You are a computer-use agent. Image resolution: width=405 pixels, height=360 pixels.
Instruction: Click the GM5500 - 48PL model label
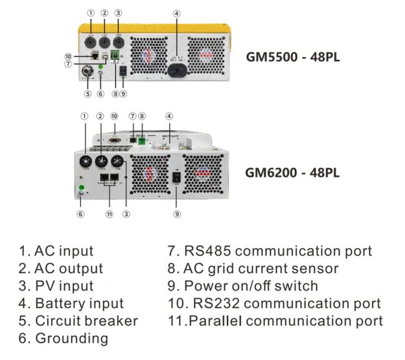coord(293,59)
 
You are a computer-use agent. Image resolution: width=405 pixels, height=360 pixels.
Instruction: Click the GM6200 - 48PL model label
coord(293,173)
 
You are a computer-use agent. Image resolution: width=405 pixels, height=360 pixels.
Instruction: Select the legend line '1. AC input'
coord(56,251)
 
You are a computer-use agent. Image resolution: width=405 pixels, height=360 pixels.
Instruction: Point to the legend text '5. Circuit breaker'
coord(78,321)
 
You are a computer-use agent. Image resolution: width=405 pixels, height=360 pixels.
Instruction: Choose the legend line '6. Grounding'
coord(63,338)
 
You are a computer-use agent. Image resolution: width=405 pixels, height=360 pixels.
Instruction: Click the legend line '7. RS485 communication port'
coord(270,251)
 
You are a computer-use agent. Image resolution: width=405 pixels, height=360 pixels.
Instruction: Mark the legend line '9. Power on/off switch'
coord(243,286)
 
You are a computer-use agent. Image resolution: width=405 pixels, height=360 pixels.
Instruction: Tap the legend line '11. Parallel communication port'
coord(275,321)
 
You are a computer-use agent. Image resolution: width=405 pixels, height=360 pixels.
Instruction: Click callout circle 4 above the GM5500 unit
coord(177,13)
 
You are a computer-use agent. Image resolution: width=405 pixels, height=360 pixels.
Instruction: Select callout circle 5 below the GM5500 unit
coord(88,94)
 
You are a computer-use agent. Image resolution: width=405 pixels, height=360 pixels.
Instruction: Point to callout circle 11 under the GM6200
coord(110,214)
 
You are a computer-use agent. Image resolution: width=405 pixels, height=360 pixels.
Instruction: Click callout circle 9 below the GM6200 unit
coord(176,214)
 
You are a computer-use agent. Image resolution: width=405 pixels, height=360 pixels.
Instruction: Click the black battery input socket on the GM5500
coord(177,69)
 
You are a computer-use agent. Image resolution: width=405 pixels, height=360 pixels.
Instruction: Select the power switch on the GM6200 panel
coord(176,178)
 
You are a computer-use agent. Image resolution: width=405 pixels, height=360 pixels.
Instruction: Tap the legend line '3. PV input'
coord(56,286)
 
